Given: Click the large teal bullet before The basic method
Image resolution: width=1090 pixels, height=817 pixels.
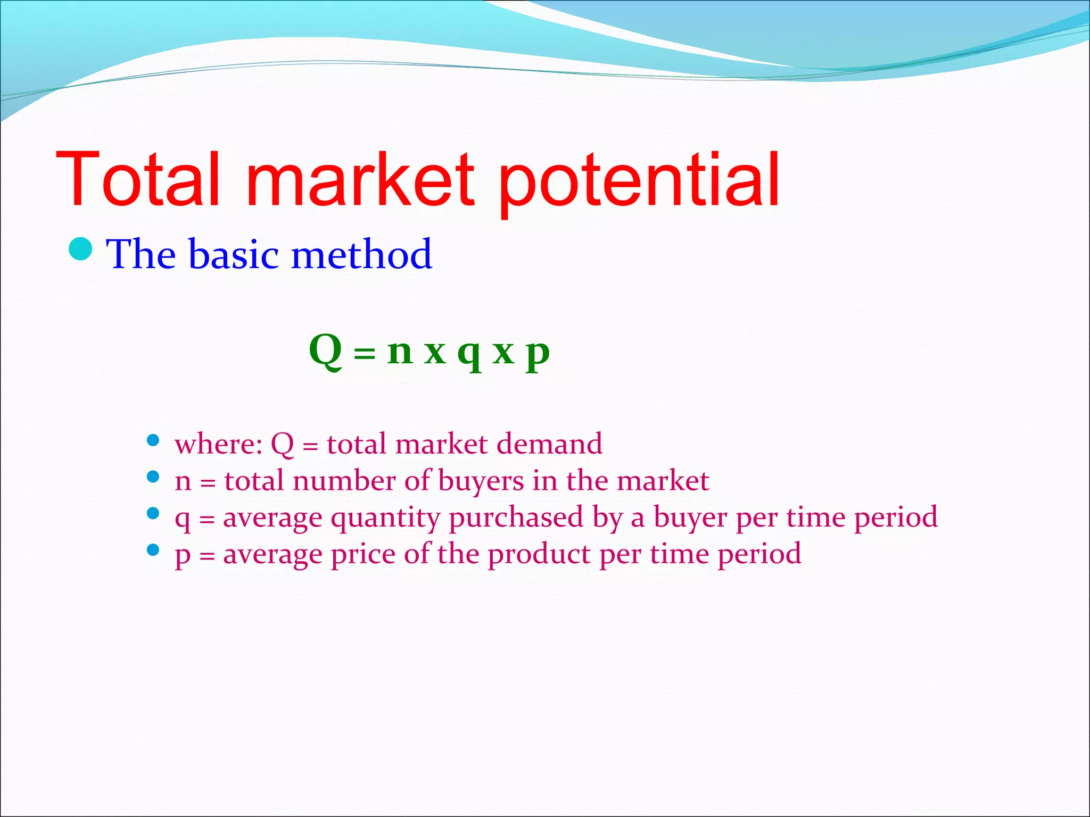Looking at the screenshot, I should [x=81, y=249].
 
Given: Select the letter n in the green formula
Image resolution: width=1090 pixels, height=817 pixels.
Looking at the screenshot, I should [x=400, y=352].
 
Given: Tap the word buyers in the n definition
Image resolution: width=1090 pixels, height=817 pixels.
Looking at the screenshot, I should [x=481, y=481].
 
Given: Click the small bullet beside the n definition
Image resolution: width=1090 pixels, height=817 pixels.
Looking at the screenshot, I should [x=153, y=477].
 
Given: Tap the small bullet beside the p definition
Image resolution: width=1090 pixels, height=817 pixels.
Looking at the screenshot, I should [x=153, y=549].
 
